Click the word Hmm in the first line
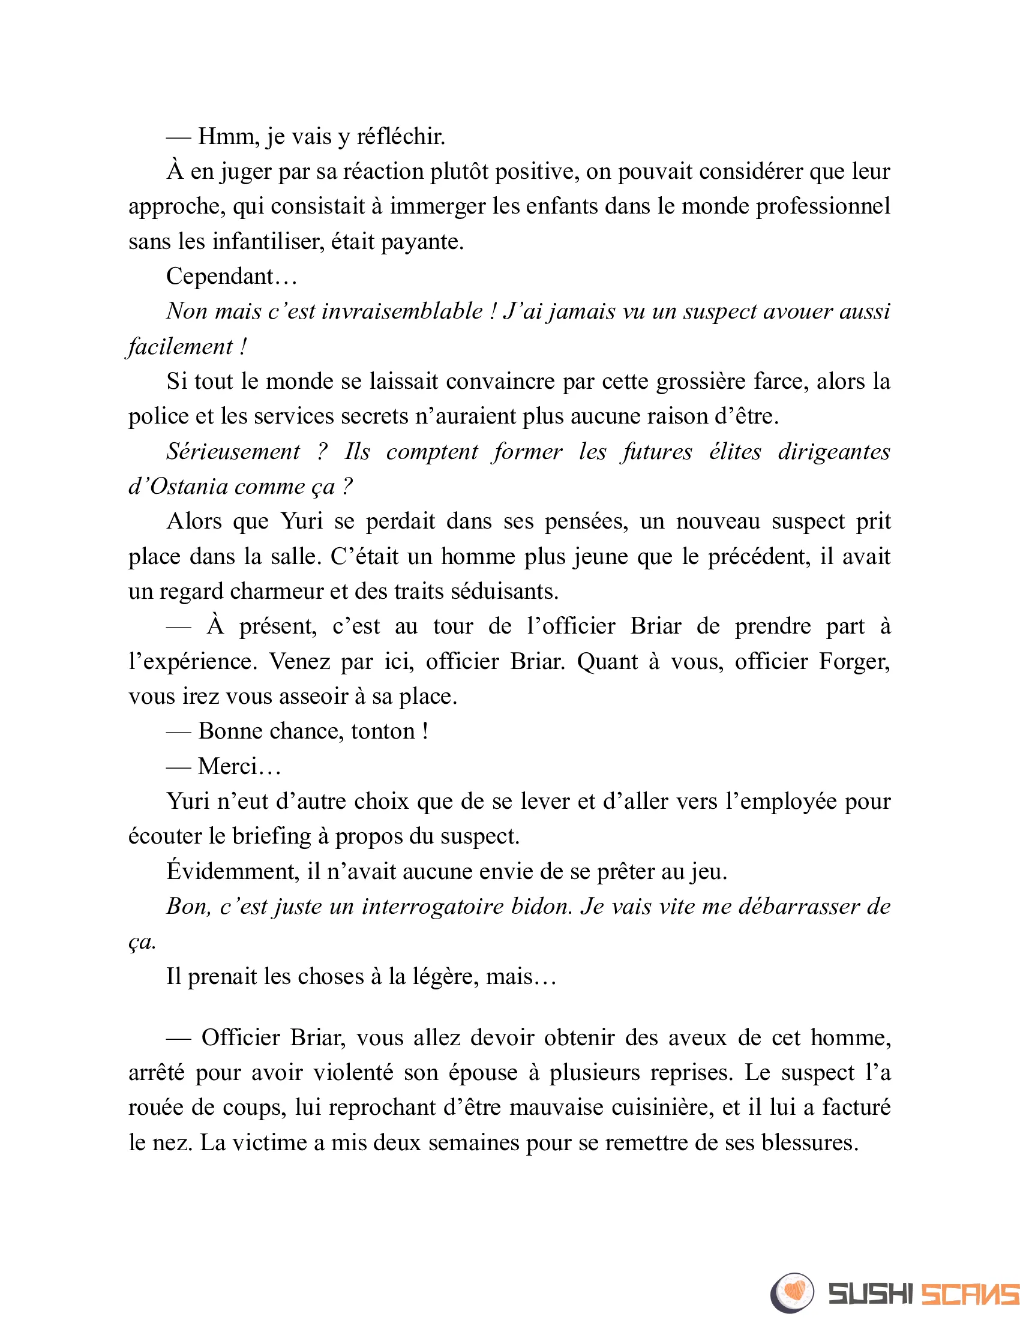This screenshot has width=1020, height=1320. tap(226, 137)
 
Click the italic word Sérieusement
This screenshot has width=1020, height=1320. tap(233, 451)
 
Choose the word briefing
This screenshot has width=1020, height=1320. tap(271, 836)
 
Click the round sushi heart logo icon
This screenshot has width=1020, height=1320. tap(792, 1293)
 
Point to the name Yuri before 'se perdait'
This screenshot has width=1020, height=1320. tap(302, 521)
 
